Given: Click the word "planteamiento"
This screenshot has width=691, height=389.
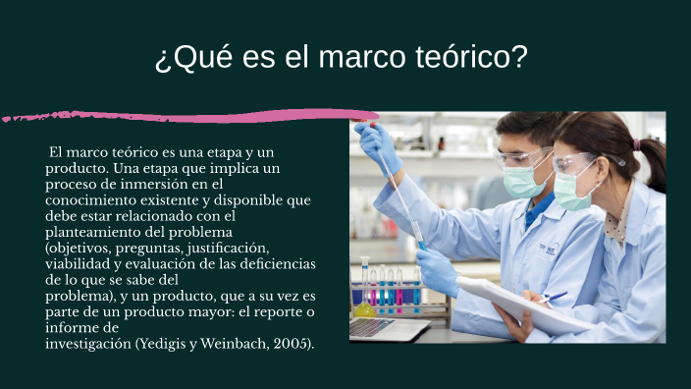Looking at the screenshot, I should click(x=90, y=232).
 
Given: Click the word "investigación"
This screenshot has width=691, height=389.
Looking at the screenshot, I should click(x=87, y=344).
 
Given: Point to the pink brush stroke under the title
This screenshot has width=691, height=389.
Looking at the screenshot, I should click(x=196, y=116).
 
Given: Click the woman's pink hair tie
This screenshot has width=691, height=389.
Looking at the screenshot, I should click(x=637, y=143).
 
